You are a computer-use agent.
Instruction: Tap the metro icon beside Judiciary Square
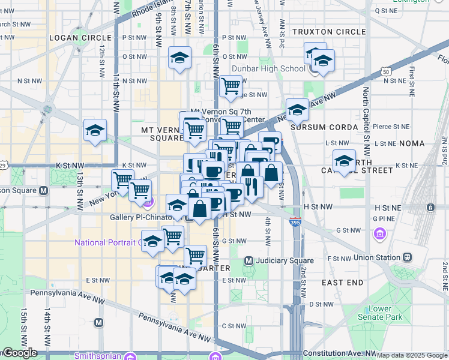(x=249, y=260)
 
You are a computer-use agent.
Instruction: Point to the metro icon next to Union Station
(x=408, y=257)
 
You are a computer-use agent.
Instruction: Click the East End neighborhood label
(x=342, y=282)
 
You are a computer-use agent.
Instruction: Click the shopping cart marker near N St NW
(x=231, y=86)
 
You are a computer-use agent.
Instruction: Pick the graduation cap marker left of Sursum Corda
(x=297, y=110)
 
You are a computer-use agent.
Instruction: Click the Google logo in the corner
(x=19, y=353)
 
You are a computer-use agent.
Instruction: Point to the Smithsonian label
(x=96, y=356)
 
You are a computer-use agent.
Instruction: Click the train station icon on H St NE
(x=430, y=207)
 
